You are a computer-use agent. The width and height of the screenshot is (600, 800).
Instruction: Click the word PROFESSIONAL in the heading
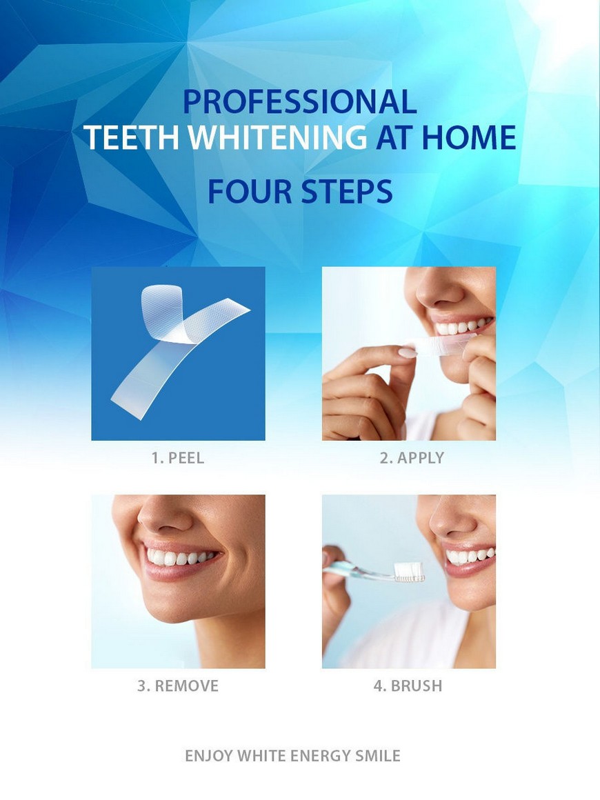click(300, 101)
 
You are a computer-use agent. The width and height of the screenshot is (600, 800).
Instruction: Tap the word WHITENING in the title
click(277, 137)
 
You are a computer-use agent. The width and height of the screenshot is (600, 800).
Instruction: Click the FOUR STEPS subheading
click(300, 192)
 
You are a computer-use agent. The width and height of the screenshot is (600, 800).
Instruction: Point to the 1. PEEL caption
click(177, 458)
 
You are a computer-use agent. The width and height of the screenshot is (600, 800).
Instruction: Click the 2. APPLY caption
click(411, 458)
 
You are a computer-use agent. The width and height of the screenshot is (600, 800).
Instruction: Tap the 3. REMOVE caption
click(177, 686)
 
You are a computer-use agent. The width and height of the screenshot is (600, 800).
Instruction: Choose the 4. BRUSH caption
click(408, 686)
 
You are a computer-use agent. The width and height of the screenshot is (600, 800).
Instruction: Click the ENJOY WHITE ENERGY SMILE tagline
click(292, 756)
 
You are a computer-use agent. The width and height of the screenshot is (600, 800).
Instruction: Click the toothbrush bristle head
click(410, 572)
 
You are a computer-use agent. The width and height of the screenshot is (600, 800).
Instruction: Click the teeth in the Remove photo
click(179, 557)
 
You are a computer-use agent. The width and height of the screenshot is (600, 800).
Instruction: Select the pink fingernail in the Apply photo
click(407, 352)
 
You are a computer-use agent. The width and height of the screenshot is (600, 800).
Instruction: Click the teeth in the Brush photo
click(470, 555)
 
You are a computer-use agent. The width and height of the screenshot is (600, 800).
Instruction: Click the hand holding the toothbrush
click(334, 587)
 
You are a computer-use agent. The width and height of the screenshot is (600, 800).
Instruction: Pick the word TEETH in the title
click(132, 137)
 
